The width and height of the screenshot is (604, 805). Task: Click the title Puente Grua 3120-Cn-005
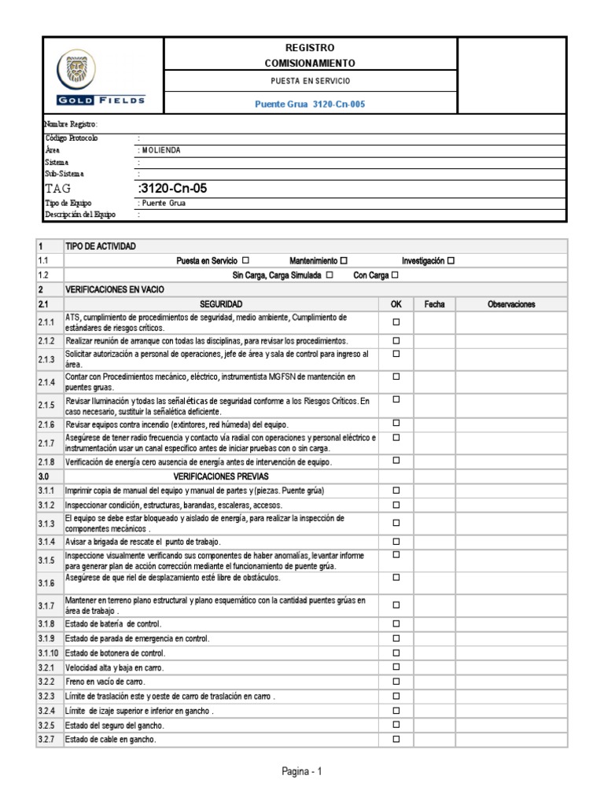coord(310,104)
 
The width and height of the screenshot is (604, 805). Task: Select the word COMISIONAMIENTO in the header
coord(310,63)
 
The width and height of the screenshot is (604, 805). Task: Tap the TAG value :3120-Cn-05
coord(174,189)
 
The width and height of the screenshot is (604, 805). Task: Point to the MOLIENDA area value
coord(160,149)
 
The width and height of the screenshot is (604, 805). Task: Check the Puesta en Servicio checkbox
coord(246,260)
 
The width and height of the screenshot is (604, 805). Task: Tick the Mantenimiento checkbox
coord(344,260)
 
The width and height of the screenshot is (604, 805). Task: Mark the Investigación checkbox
coord(451,260)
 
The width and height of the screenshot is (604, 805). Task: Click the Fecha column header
coord(434,303)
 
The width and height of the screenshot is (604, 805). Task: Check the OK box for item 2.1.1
coord(396,322)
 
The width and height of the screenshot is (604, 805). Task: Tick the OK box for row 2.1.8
coord(396,461)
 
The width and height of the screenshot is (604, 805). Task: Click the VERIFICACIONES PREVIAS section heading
coord(221,476)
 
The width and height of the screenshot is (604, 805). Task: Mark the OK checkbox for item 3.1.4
coord(396,542)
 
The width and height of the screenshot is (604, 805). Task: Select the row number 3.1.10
coord(48,653)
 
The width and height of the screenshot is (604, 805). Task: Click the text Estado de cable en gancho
coord(111,740)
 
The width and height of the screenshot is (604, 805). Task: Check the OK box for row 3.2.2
coord(396,682)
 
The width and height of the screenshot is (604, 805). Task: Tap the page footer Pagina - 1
coord(302,772)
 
